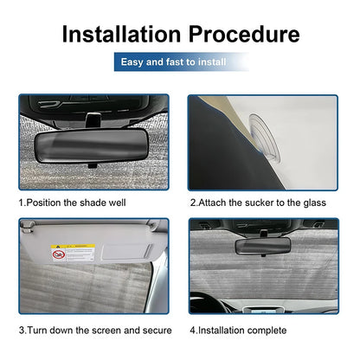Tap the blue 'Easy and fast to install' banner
click(x=179, y=62)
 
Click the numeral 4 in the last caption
click(x=193, y=331)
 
